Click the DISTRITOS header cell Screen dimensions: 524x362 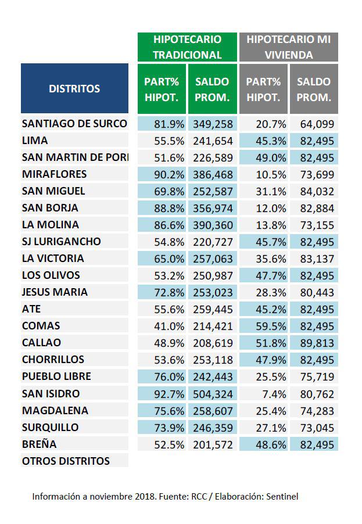point(74,88)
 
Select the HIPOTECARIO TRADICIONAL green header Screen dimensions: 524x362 point(187,47)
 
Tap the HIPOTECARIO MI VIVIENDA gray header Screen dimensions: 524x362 point(288,47)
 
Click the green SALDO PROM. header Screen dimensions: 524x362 point(212,89)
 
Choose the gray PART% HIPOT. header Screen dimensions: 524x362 point(263,89)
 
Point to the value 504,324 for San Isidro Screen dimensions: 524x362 point(213,394)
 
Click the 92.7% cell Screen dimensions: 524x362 point(162,394)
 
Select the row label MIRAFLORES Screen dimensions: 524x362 point(54,174)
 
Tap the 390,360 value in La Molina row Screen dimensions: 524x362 point(213,225)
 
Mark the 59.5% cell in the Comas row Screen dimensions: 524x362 point(264,326)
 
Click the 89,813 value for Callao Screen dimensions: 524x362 point(314,343)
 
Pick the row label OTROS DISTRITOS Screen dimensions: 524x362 point(66,461)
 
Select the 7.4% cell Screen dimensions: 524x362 point(264,394)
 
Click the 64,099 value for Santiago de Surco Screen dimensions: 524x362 point(314,124)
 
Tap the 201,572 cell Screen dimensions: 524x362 point(213,444)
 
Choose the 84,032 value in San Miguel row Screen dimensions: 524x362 point(314,191)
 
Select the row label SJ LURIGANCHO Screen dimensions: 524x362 point(61,242)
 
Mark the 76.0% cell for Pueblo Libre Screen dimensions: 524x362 point(162,376)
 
